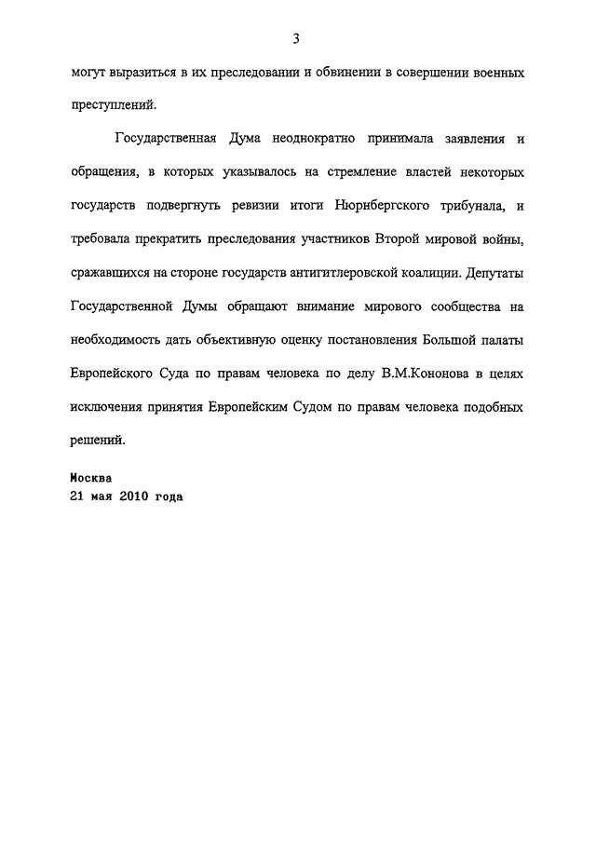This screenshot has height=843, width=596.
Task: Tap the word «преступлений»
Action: click(107, 105)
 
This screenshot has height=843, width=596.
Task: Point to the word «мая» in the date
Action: click(103, 496)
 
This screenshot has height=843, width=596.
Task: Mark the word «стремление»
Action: click(380, 172)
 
